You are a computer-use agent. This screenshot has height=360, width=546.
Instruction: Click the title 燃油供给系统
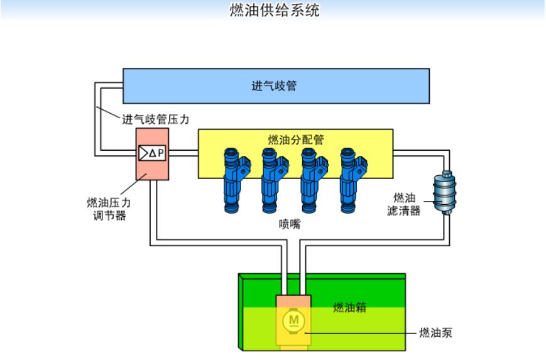[x=275, y=11]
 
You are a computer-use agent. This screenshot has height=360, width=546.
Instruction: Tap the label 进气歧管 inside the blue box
[x=274, y=85]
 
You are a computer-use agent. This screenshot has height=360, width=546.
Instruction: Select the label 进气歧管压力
[x=154, y=118]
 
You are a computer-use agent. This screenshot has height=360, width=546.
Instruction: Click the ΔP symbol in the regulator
[x=153, y=153]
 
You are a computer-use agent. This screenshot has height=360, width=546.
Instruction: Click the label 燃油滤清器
[x=403, y=204]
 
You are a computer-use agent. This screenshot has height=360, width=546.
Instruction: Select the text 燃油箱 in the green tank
[x=349, y=307]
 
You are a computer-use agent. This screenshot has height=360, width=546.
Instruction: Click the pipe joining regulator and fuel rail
[x=183, y=153]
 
